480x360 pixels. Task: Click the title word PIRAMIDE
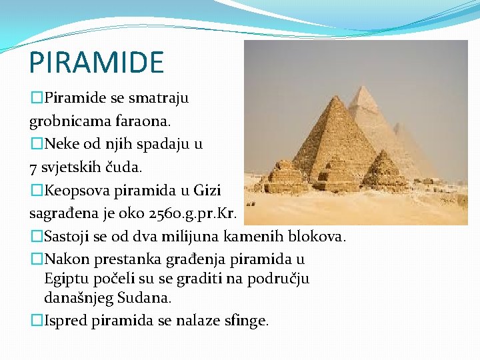point(96,62)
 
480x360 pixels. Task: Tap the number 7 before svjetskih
point(33,166)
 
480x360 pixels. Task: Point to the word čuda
point(137,166)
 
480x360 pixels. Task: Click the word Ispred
point(65,321)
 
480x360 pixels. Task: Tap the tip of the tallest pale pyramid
point(364,87)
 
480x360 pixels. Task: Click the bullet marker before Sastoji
point(37,236)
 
